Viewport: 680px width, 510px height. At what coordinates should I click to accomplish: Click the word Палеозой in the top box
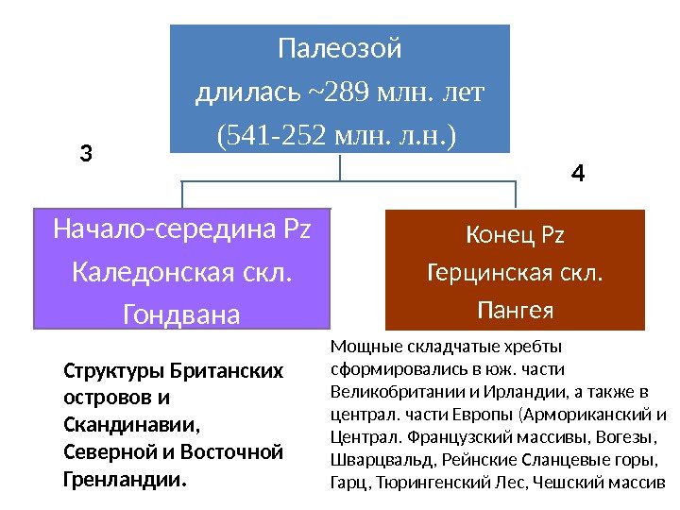click(339, 47)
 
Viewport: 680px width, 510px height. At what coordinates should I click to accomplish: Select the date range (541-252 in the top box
click(265, 137)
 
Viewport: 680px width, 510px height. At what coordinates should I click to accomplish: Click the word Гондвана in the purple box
click(182, 314)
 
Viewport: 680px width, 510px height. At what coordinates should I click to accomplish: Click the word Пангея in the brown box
click(516, 310)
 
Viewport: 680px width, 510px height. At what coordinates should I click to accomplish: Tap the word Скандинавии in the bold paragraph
click(115, 425)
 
